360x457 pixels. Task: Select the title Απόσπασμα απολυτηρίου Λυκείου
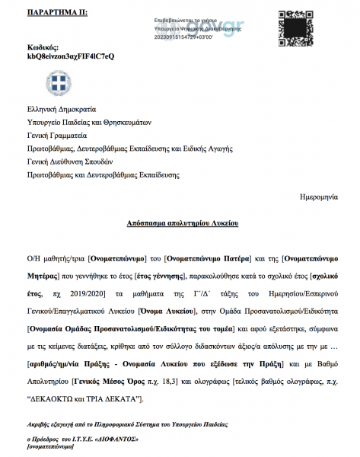[x=183, y=225]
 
